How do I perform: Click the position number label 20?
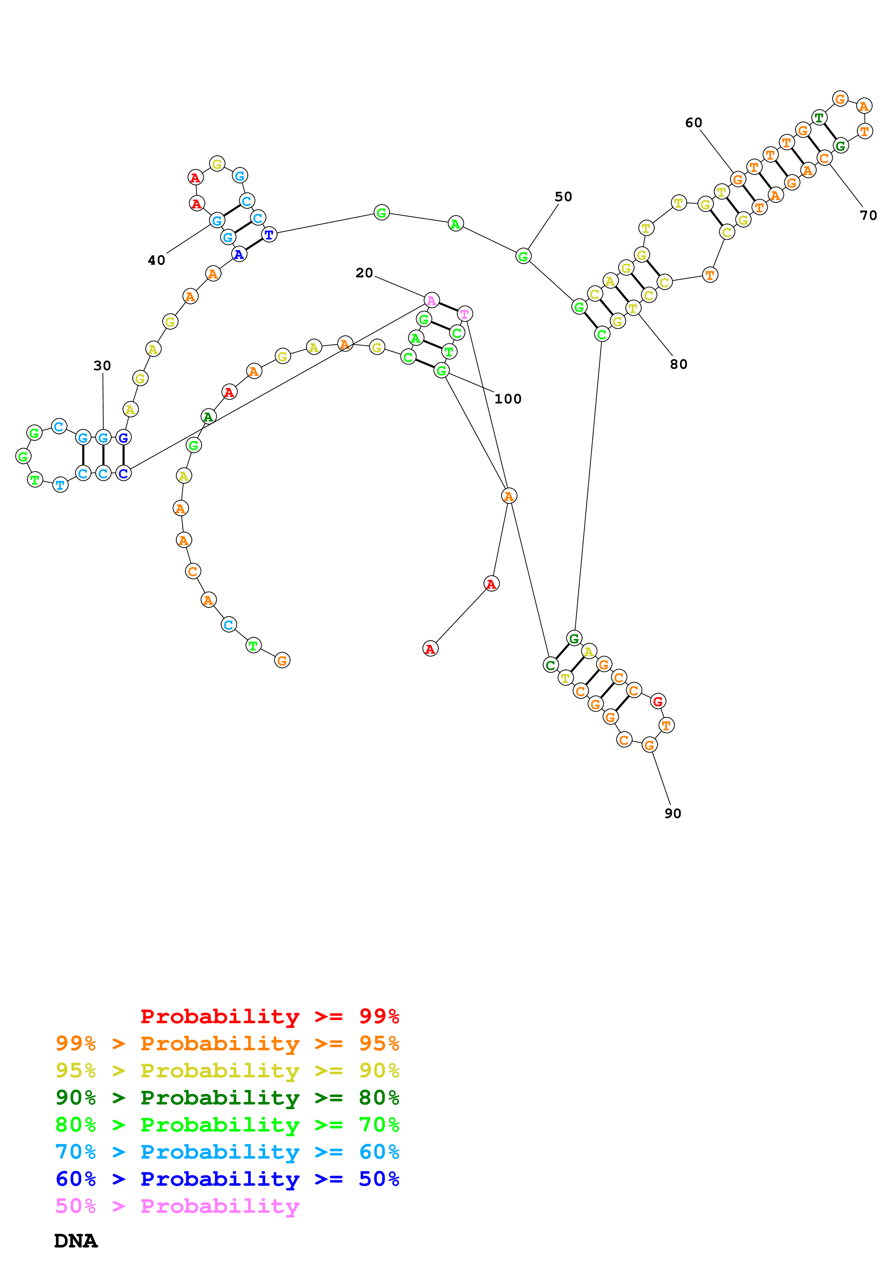coord(364,273)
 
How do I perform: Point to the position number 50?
coord(563,197)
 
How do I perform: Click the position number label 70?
coord(868,216)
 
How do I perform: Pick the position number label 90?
coord(672,813)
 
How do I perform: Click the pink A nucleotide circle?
coord(431,301)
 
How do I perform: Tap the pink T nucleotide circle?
coord(465,314)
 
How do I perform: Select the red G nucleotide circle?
coord(657,701)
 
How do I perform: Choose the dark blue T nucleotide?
coord(269,234)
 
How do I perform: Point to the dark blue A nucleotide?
coord(239,254)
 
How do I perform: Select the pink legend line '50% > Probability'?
coord(177,1206)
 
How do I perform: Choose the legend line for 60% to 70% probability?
coord(227,1152)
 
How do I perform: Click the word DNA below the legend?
coord(76,1241)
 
